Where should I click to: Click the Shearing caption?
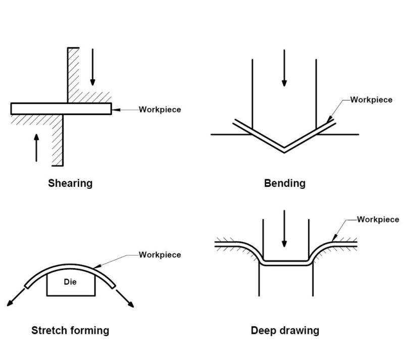[x=70, y=183]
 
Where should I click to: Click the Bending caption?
[x=285, y=183]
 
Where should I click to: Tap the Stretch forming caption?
[x=70, y=331]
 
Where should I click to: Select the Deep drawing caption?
[x=285, y=331]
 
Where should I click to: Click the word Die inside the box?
[x=70, y=282]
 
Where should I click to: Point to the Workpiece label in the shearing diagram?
[x=160, y=109]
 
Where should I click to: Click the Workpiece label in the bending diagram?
[x=371, y=99]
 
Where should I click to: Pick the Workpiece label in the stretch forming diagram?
[x=160, y=254]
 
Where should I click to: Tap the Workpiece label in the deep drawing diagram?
[x=378, y=219]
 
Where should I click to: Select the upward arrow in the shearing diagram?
[x=36, y=146]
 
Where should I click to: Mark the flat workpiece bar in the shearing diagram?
[x=61, y=109]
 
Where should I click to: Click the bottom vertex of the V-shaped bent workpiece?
[x=284, y=148]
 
